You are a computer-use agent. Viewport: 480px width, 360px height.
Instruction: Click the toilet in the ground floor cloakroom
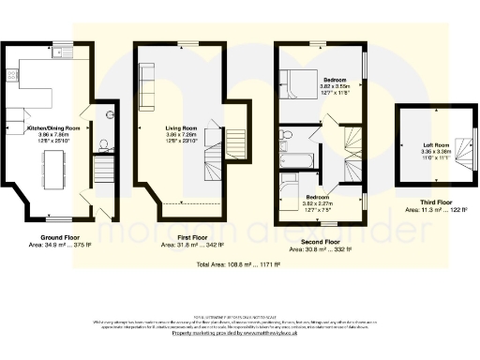[103, 145]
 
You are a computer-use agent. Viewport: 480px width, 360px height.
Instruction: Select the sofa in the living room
[147, 86]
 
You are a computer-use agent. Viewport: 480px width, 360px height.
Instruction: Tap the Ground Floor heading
[58, 237]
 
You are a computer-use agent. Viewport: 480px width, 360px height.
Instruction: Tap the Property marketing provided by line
[240, 333]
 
